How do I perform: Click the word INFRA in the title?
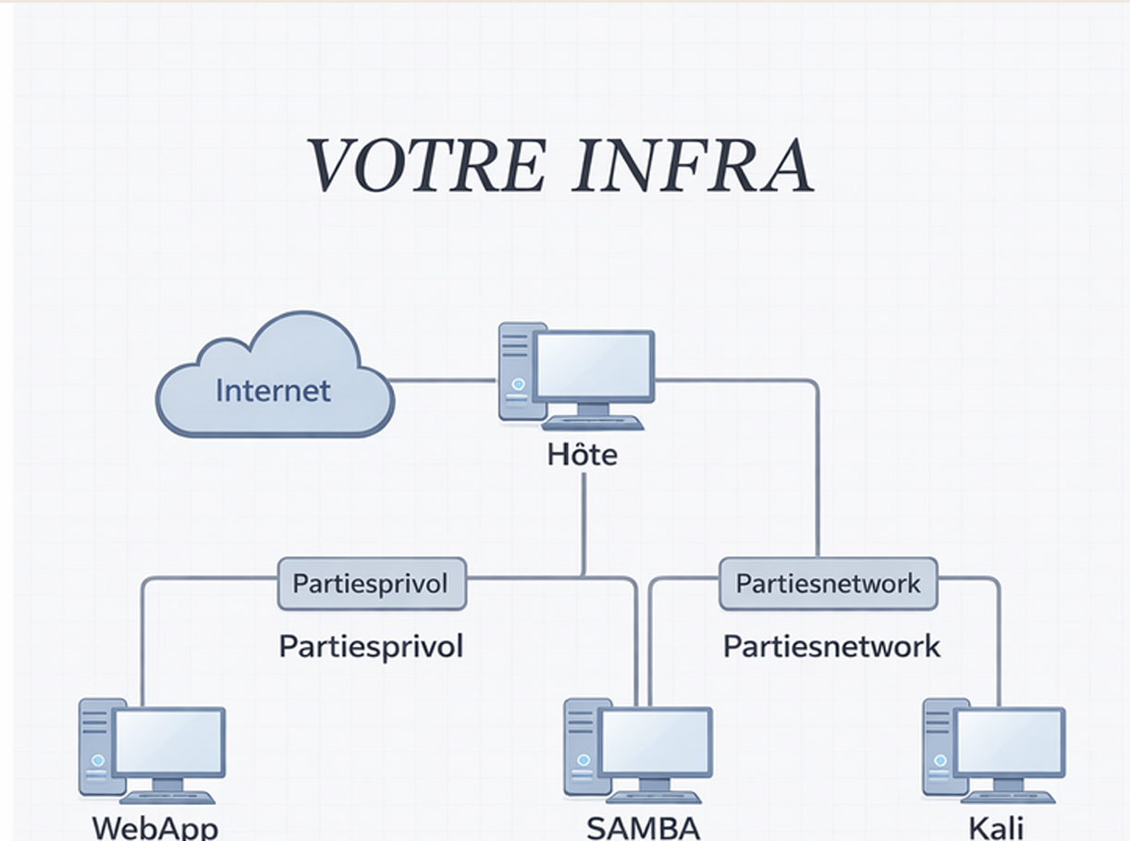[x=694, y=166]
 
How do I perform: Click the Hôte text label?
[x=583, y=455]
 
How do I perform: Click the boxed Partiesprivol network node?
[x=371, y=584]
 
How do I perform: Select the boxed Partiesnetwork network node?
[x=828, y=584]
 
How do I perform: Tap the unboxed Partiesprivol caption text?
[x=371, y=646]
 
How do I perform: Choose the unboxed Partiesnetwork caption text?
[x=831, y=646]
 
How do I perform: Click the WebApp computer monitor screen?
[x=169, y=742]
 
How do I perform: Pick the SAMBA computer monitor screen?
[x=655, y=742]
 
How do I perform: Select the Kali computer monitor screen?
[x=1009, y=742]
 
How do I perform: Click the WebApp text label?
[x=154, y=827]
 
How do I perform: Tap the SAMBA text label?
[x=643, y=827]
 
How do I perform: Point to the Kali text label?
[x=997, y=827]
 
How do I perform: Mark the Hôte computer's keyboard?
[x=593, y=422]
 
